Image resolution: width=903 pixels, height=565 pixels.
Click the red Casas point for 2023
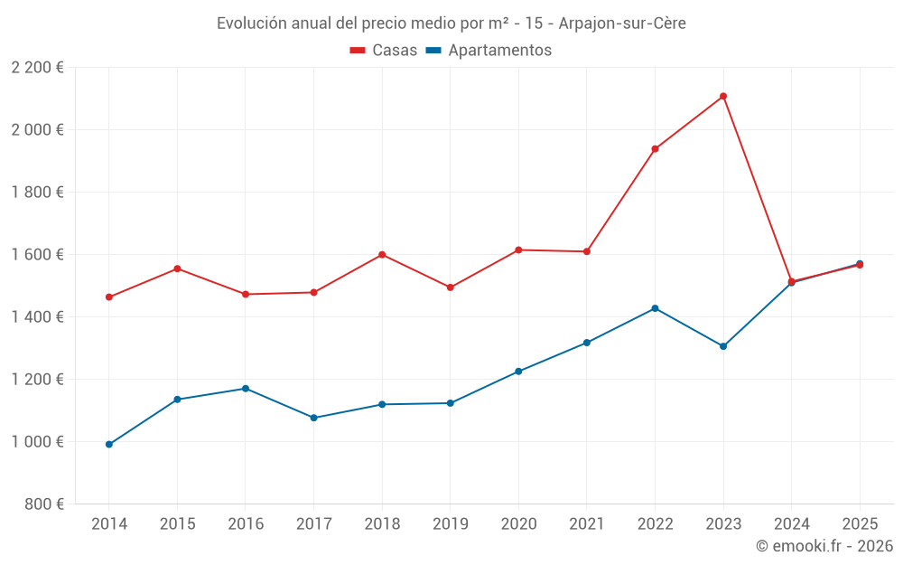[x=723, y=97]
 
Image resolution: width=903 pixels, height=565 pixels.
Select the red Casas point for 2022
[x=655, y=149]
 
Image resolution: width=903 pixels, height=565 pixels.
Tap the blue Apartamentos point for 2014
[x=109, y=445]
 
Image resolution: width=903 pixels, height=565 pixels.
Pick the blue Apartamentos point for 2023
[x=723, y=346]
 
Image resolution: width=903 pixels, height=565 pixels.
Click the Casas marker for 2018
[x=382, y=255]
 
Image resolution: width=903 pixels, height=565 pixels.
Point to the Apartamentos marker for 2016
[x=246, y=389]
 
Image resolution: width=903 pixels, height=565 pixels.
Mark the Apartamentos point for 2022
[x=655, y=308]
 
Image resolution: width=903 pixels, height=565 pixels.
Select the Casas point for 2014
[x=109, y=297]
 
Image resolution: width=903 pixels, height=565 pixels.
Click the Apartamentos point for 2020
[x=518, y=372]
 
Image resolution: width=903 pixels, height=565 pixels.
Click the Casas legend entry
[x=384, y=51]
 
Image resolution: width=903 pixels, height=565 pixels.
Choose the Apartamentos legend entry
[x=489, y=51]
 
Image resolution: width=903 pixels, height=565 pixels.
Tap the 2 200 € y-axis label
[x=37, y=68]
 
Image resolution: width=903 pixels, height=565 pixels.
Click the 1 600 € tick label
[x=37, y=255]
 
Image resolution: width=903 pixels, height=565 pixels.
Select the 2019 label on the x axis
[x=450, y=524]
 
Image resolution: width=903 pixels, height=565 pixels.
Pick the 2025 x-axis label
[x=859, y=524]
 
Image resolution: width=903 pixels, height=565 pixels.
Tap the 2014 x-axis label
[x=109, y=524]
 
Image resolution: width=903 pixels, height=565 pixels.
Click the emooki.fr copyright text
[x=824, y=546]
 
